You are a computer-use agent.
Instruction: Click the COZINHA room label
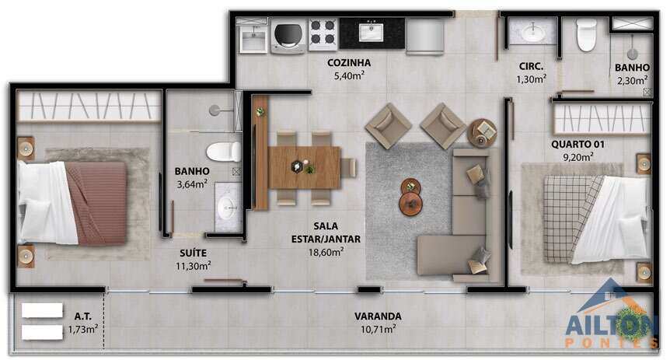tap(349, 63)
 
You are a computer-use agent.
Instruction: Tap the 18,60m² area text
tap(326, 252)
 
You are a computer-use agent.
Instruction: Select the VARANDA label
tap(378, 316)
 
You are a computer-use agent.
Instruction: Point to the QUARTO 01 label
tap(578, 145)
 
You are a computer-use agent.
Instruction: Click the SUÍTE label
tap(193, 253)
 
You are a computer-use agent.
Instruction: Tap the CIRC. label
tap(531, 67)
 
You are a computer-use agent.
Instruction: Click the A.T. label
tap(83, 316)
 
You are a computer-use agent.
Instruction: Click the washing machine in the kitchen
tap(288, 36)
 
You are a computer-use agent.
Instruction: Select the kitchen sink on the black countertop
tap(371, 32)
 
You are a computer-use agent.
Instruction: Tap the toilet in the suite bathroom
tap(224, 152)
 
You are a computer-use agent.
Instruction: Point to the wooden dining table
tap(304, 168)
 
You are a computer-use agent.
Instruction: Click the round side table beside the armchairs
tap(482, 132)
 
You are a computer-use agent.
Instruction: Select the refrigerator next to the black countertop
tap(424, 37)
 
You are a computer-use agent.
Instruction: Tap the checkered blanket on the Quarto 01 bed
tap(571, 218)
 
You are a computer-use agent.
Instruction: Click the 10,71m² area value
tap(379, 329)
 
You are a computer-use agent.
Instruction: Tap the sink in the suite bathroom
tap(228, 208)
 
